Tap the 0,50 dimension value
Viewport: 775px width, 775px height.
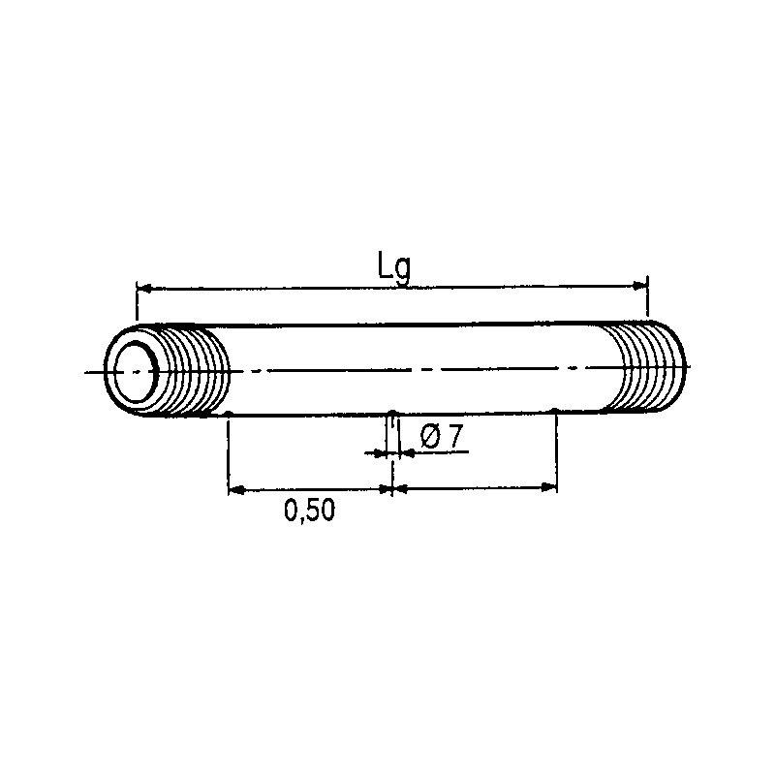tap(309, 511)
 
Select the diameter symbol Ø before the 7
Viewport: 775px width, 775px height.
tap(430, 438)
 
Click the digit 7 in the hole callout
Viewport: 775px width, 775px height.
tap(454, 438)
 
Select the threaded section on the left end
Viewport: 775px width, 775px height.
tap(195, 372)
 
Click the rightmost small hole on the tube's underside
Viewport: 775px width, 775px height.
tap(554, 413)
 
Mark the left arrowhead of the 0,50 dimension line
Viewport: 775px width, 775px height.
tap(233, 489)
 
